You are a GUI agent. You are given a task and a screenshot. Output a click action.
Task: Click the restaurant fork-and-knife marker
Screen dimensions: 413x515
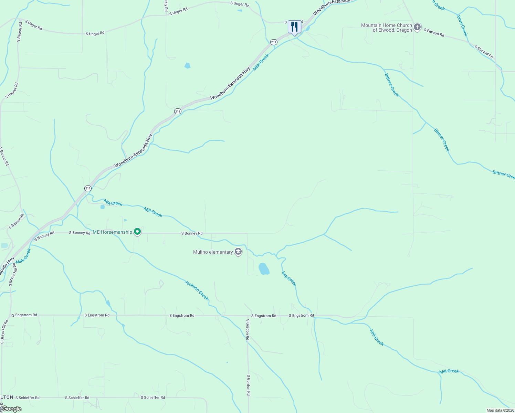[294, 27]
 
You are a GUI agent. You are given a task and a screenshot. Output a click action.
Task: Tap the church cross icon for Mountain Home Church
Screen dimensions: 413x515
[417, 27]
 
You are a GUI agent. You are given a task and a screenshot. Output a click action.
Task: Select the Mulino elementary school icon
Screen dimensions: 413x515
[238, 252]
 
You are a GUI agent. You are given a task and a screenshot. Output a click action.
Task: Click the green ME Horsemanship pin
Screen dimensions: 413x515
[137, 232]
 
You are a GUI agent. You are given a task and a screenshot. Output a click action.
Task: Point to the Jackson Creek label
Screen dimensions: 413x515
[197, 290]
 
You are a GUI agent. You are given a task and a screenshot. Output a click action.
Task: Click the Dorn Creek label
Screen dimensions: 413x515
[462, 25]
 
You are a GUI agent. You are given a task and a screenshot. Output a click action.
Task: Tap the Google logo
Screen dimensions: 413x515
[11, 409]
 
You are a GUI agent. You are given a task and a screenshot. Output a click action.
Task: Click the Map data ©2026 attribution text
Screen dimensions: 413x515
[500, 410]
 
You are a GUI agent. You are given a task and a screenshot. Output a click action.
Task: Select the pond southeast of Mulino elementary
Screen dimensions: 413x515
[264, 269]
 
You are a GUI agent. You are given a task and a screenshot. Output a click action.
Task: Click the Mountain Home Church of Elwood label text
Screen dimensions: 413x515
[387, 28]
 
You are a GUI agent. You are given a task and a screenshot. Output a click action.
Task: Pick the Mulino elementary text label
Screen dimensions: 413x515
[213, 252]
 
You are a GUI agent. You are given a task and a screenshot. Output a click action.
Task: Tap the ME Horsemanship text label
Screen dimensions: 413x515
[112, 232]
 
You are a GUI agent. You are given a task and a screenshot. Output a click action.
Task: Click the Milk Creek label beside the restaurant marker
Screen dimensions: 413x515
[261, 62]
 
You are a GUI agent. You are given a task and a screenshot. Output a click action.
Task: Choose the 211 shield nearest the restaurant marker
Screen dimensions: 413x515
[274, 42]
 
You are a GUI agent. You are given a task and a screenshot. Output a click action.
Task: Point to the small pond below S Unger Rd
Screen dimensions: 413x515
[187, 65]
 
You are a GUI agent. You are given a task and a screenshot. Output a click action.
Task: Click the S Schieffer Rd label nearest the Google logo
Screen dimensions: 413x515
[27, 398]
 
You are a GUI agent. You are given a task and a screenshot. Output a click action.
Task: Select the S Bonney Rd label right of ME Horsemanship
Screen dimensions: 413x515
[192, 233]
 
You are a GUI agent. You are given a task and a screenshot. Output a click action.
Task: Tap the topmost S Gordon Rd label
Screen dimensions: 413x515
[247, 330]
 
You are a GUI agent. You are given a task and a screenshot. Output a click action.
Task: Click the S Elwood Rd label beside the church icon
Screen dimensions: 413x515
[434, 33]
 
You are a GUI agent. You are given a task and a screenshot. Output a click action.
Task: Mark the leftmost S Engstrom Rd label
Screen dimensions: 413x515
[24, 315]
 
